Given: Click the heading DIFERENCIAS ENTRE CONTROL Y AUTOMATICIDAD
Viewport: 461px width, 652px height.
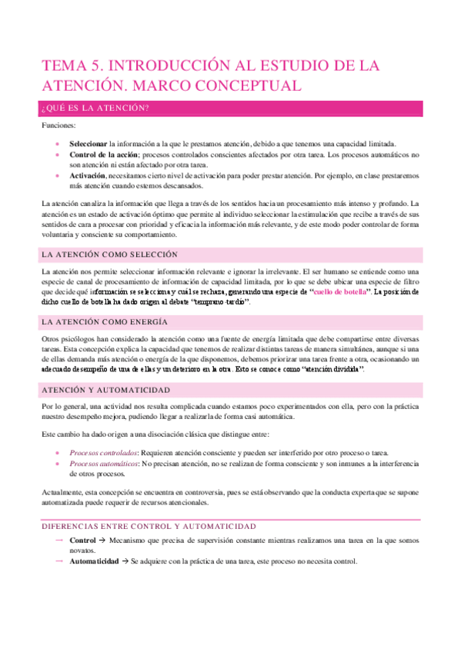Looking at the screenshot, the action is (149, 504).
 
